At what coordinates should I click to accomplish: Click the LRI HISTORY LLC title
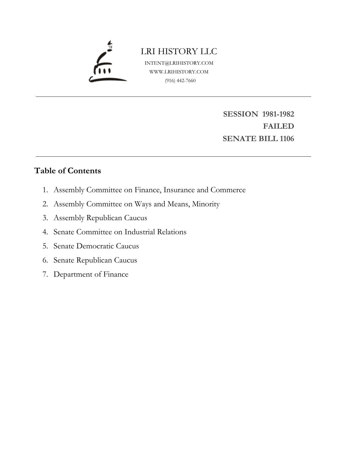tap(179, 51)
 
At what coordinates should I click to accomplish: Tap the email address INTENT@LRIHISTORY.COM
tap(179, 63)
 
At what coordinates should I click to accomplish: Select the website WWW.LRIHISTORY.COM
tap(179, 72)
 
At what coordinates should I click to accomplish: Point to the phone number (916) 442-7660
tap(180, 80)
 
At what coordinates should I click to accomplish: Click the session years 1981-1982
tap(278, 114)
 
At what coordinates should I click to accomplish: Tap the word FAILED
tap(278, 126)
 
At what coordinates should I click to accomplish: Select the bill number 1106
tap(287, 139)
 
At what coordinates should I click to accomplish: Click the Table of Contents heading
tap(68, 171)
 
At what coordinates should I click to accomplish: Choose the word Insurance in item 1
tap(179, 190)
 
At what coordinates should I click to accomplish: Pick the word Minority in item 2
tap(206, 204)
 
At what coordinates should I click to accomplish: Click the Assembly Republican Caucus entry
tap(100, 218)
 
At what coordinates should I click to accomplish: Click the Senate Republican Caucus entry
tap(95, 260)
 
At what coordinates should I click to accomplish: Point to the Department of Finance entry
tap(91, 274)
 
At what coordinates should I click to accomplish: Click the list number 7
tap(45, 274)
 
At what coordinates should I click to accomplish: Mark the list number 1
tap(45, 190)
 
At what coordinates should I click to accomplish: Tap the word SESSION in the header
tap(240, 114)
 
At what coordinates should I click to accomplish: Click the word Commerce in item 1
tap(228, 190)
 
